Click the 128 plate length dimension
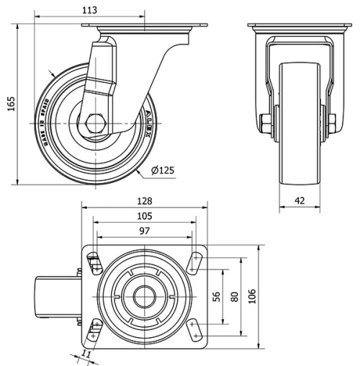pos(145,204)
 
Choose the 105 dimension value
pos(145,217)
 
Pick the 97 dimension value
pos(145,231)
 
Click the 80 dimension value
pos(234,296)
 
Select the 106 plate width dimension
pos(251,296)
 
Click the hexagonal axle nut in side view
pos(96,123)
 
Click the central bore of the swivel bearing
pos(145,295)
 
